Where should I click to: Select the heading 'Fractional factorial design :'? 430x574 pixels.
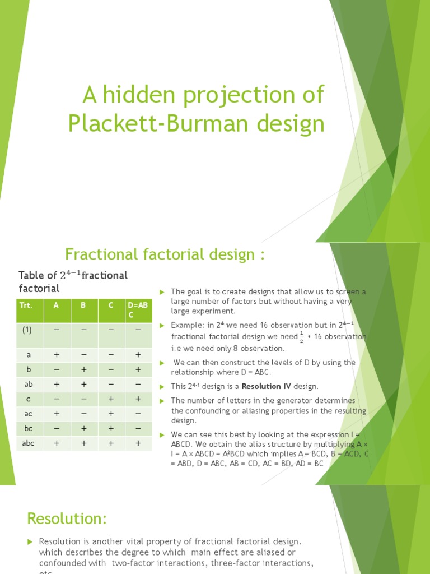165,254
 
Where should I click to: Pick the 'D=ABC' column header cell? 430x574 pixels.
137,310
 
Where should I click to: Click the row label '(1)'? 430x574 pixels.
27,330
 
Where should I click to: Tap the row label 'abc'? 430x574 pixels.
29,442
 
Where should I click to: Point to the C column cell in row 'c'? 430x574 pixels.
111,399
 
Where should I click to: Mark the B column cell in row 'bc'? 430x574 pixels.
83,428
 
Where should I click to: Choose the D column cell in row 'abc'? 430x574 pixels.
138,442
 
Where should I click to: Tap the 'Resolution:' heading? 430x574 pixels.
67,519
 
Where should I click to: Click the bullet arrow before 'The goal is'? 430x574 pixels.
161,292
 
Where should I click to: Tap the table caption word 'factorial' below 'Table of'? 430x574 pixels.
39,288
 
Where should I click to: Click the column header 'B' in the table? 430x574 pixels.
83,305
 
